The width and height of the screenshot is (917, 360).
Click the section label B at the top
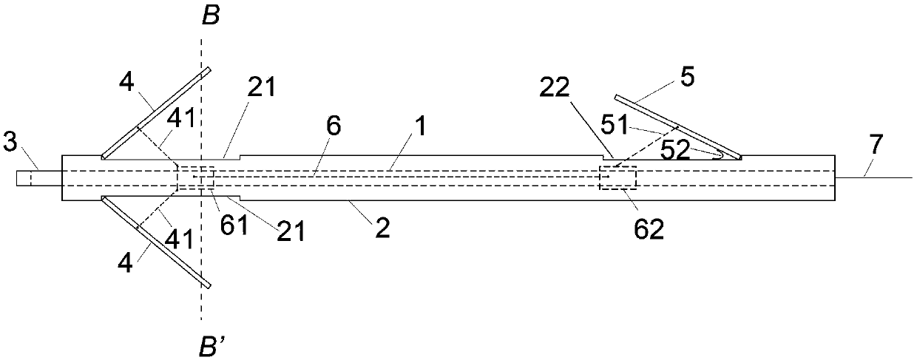[x=211, y=16]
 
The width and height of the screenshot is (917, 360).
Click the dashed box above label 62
[x=617, y=178]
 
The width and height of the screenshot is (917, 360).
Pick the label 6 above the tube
[x=334, y=126]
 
